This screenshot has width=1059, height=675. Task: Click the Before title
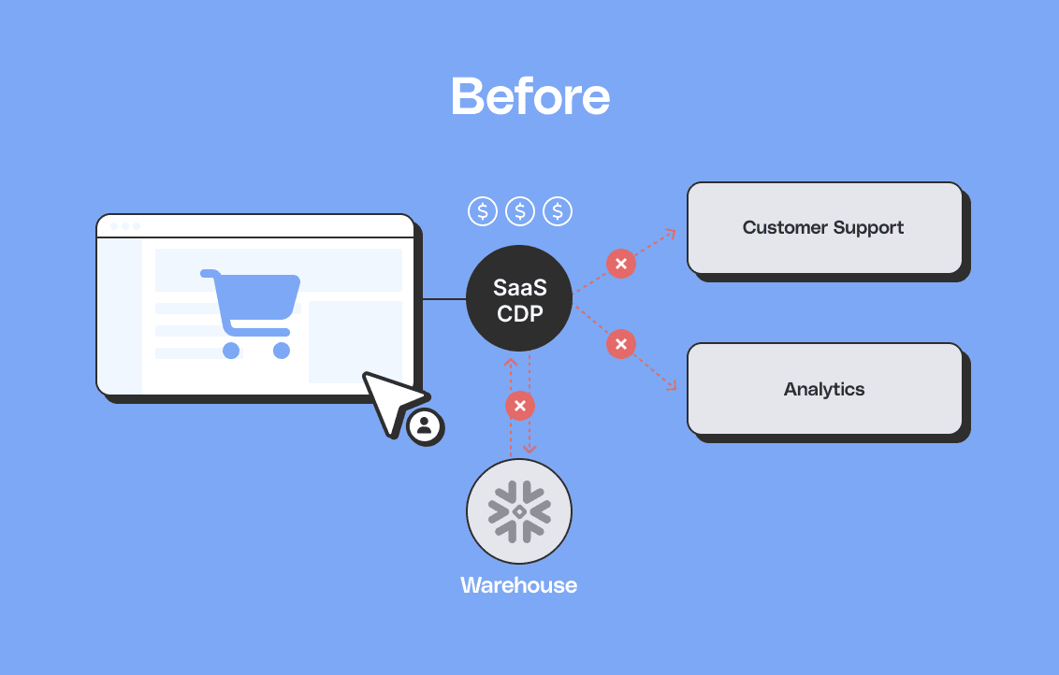coord(529,95)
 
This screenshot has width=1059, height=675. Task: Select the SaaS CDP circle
coord(519,298)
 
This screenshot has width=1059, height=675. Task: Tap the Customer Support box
coord(824,227)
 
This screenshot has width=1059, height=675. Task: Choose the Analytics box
coord(824,389)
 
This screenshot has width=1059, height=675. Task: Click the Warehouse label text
coord(518,586)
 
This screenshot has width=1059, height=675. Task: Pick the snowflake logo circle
coord(519,511)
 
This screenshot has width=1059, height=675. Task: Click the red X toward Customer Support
coord(620,264)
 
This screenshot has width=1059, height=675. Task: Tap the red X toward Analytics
coord(620,344)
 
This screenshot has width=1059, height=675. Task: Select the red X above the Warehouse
coord(519,406)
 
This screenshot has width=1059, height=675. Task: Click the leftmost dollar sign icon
coord(483,211)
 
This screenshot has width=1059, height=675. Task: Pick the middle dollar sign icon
coord(520,211)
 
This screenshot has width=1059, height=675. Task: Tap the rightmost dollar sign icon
coord(558,211)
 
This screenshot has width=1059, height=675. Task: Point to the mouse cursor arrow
coord(389,400)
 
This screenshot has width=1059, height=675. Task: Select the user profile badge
coord(426,426)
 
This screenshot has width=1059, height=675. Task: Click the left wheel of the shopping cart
coord(231,351)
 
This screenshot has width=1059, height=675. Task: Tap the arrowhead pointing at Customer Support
coord(670,234)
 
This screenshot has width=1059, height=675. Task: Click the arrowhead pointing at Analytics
coord(671,384)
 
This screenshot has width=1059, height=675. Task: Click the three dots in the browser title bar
coord(124,226)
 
